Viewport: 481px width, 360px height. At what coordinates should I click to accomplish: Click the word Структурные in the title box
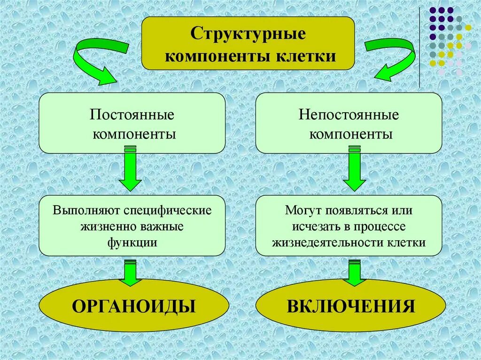[x=248, y=34]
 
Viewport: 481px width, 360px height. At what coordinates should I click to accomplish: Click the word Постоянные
[x=132, y=115]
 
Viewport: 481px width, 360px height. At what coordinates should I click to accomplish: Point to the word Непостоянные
[x=349, y=115]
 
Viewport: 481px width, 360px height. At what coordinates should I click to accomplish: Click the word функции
[x=132, y=243]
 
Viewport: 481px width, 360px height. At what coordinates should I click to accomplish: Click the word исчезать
[x=314, y=226]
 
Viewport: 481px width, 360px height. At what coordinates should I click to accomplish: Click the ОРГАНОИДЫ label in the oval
[x=133, y=306]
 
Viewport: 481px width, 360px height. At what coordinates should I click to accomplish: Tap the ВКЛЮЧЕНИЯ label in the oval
[x=350, y=306]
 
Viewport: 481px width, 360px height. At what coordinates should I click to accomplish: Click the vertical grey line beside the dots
[x=419, y=47]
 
